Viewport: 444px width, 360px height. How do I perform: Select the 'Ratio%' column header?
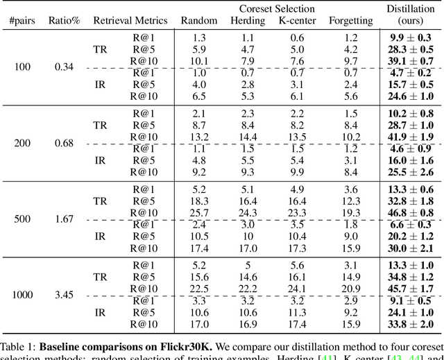pos(65,21)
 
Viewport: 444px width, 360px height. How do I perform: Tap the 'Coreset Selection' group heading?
pos(277,9)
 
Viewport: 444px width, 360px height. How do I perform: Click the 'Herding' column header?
pos(248,21)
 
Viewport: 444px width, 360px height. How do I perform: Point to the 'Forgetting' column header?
pos(350,21)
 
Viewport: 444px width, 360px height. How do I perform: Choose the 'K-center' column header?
pos(297,21)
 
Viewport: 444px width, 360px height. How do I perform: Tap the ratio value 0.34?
pos(65,67)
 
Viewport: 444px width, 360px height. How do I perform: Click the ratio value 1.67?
pos(65,218)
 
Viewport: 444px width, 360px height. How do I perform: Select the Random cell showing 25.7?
pos(198,212)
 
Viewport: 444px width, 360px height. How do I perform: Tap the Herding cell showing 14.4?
pos(248,137)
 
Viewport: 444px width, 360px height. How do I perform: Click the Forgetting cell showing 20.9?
pos(350,289)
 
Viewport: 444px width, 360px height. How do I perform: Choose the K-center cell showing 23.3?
pos(297,212)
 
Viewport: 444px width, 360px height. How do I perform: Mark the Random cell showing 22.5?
pos(198,289)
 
